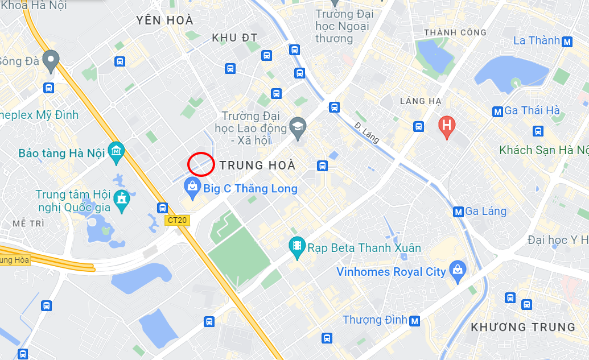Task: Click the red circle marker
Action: click(201, 164)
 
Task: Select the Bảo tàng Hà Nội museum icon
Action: click(117, 151)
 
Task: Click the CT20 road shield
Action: click(178, 220)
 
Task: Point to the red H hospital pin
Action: click(447, 126)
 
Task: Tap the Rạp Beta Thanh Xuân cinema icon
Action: click(296, 246)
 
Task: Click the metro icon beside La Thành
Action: click(567, 41)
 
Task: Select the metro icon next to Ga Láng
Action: click(458, 212)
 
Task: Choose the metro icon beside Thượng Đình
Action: click(415, 320)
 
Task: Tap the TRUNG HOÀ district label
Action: click(257, 165)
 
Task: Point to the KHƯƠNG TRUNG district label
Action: click(523, 327)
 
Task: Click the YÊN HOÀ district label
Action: click(165, 20)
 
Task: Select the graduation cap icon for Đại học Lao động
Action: click(297, 127)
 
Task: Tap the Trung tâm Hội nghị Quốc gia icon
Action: click(121, 200)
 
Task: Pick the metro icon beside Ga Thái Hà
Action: click(498, 111)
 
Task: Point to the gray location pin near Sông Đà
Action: click(51, 60)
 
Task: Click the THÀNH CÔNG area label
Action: click(455, 32)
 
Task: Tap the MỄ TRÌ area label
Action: click(28, 224)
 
